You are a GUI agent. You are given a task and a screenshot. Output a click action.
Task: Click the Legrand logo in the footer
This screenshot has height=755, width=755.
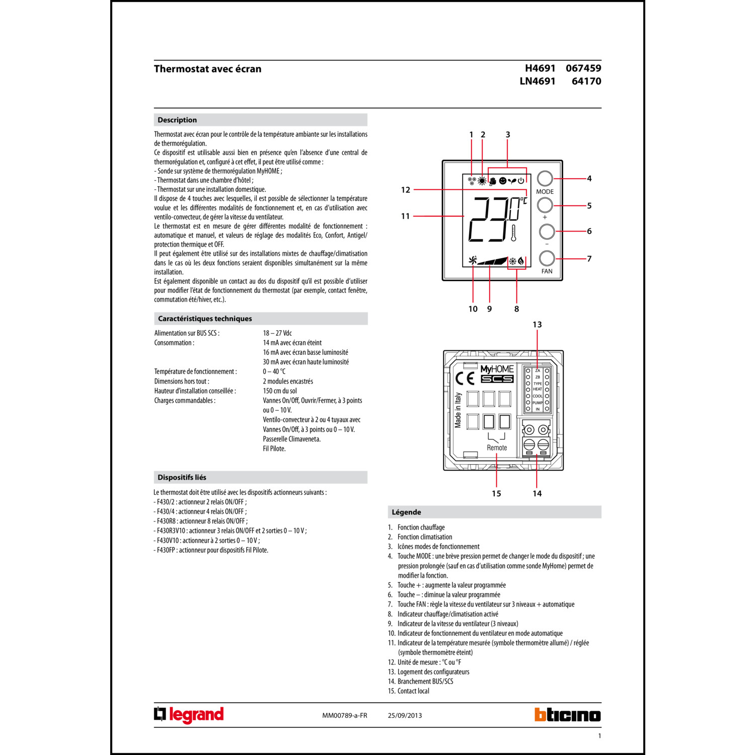point(189,715)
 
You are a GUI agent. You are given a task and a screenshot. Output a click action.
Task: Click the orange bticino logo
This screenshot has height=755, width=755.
point(567,715)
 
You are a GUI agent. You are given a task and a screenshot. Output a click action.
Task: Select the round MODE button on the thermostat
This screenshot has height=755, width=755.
point(545,178)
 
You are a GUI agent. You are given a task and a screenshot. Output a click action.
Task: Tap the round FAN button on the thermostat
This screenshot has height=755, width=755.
point(547,258)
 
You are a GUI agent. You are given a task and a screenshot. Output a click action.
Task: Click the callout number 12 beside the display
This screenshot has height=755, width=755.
point(406,190)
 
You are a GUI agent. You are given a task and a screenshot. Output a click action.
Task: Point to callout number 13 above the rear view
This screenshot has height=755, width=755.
point(537,325)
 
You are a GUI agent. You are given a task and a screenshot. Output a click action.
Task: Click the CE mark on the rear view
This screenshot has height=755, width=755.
point(464,379)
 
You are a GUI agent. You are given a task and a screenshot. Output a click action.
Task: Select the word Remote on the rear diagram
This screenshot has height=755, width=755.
point(497,447)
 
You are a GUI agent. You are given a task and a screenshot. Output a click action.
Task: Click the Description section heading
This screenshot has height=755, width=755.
point(177,120)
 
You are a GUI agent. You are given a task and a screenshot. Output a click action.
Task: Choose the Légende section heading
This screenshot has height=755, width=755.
point(406,512)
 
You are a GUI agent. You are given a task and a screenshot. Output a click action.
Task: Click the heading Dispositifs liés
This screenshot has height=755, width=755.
point(182,477)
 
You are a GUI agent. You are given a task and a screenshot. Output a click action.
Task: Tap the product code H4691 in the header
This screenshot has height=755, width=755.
point(540,68)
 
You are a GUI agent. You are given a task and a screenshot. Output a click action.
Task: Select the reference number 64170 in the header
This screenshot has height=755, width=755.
point(586,81)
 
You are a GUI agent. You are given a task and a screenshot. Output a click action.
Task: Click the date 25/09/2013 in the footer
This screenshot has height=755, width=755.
point(405,715)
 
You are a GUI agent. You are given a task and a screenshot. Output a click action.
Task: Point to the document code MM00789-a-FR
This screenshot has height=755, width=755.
point(345,715)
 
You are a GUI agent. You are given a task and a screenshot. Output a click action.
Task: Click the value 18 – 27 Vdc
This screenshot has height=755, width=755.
point(277,333)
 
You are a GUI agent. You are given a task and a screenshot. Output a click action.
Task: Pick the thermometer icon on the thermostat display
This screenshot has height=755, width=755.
point(513,234)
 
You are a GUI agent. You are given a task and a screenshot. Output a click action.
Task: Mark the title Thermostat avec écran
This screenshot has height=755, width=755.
point(207,69)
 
